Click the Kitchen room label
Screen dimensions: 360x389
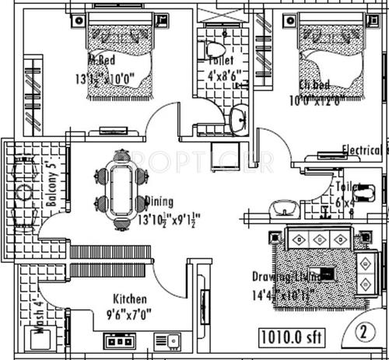pos(130,299)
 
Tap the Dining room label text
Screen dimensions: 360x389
pos(160,201)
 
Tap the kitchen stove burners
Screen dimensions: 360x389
pos(121,340)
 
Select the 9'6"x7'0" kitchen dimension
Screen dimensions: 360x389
pos(130,315)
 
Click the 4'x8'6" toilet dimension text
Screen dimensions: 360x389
pos(223,76)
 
